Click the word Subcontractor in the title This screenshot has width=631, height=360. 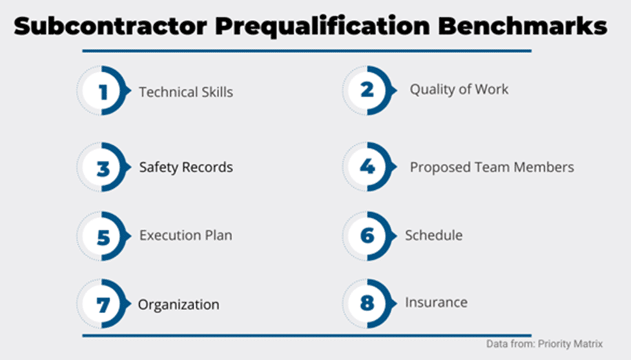[x=110, y=27]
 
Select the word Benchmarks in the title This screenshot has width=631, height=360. [x=522, y=27]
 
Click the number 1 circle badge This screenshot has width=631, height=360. [x=104, y=90]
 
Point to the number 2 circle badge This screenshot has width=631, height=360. [x=369, y=90]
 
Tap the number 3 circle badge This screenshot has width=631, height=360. [x=104, y=167]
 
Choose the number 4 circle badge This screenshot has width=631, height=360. [x=369, y=167]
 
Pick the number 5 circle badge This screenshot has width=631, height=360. [x=104, y=236]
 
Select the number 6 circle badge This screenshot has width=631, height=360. [x=369, y=236]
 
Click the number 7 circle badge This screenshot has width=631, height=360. [x=104, y=304]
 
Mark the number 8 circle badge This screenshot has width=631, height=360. [x=369, y=304]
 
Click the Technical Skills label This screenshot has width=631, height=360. [x=186, y=92]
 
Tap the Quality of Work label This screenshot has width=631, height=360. [x=459, y=89]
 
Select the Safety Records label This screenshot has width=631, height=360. [x=186, y=167]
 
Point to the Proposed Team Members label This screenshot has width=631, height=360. [x=492, y=167]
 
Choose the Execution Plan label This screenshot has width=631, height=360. [x=186, y=235]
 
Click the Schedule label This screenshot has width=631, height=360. [x=434, y=235]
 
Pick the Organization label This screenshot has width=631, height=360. [x=178, y=305]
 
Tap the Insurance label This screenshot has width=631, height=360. [x=436, y=302]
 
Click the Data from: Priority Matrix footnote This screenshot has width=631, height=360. [x=544, y=344]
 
